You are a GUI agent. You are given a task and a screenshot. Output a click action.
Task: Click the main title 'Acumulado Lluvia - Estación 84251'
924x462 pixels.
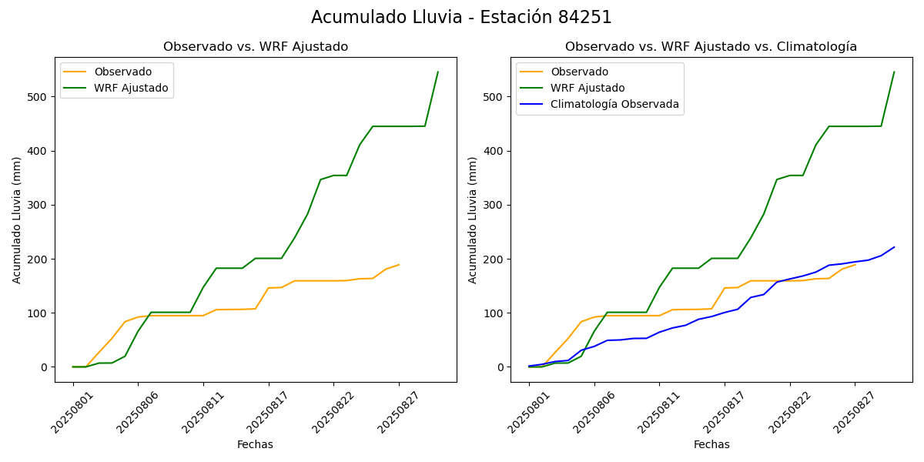click(x=461, y=18)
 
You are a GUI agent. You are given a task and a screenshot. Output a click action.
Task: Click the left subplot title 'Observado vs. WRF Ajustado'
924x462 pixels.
click(x=255, y=47)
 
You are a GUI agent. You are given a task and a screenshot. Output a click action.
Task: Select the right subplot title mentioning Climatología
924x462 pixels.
click(x=711, y=47)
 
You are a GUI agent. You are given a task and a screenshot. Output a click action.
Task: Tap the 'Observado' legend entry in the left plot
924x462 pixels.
click(x=122, y=72)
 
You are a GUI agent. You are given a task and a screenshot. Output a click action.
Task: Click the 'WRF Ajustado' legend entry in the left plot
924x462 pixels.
click(x=131, y=88)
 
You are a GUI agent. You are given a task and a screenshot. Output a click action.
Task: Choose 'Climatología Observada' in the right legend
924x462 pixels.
click(x=614, y=105)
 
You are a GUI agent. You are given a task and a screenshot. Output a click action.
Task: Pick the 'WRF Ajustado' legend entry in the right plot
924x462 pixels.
click(x=588, y=88)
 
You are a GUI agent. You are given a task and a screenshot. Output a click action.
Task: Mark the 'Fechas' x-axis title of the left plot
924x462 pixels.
click(x=255, y=444)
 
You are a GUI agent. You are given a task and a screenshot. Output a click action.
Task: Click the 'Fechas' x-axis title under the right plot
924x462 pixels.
click(x=711, y=444)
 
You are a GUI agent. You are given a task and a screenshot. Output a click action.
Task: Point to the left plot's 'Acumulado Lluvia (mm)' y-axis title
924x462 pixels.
click(x=17, y=219)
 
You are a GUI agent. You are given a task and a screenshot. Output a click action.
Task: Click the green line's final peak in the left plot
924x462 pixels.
click(x=438, y=72)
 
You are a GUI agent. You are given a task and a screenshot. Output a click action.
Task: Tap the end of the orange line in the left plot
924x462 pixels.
click(x=399, y=265)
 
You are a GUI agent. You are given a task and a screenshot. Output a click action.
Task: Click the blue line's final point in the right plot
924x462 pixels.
click(x=894, y=247)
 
